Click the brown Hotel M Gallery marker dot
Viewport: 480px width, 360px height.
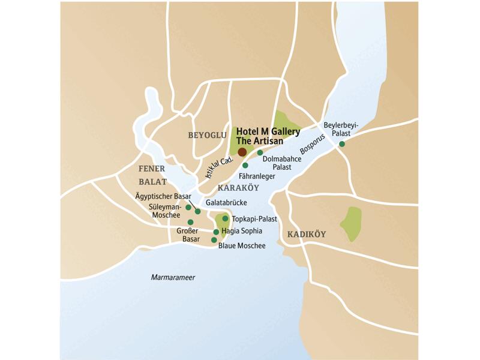(x=242, y=152)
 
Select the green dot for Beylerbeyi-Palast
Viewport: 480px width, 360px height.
(x=342, y=144)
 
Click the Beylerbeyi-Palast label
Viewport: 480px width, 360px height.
(x=340, y=129)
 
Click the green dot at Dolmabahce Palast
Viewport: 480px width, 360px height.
(x=260, y=152)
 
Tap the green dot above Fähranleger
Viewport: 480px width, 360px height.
(x=245, y=165)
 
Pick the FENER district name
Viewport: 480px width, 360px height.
(x=151, y=169)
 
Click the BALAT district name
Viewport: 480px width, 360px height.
(x=152, y=181)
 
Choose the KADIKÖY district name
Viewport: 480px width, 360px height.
(x=306, y=234)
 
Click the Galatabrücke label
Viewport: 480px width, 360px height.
(x=226, y=203)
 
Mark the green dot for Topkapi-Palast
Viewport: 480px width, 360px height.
(x=225, y=219)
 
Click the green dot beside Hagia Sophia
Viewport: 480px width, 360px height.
(x=216, y=232)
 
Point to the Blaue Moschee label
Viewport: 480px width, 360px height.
(x=241, y=245)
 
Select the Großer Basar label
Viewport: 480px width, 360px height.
(x=188, y=235)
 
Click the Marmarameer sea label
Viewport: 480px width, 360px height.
(x=173, y=277)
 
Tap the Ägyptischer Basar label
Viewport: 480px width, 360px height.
(x=161, y=196)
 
